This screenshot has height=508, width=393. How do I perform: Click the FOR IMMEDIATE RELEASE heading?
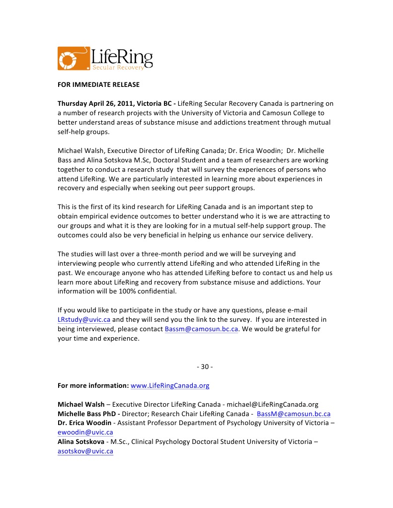click(x=98, y=84)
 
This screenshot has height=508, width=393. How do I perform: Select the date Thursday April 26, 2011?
click(x=96, y=103)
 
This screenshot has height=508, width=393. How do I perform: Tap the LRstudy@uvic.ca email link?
click(x=84, y=319)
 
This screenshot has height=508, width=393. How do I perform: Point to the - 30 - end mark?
click(x=205, y=366)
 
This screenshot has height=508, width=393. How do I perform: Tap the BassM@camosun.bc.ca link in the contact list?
click(x=294, y=414)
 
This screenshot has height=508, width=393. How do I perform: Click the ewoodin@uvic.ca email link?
click(x=85, y=433)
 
